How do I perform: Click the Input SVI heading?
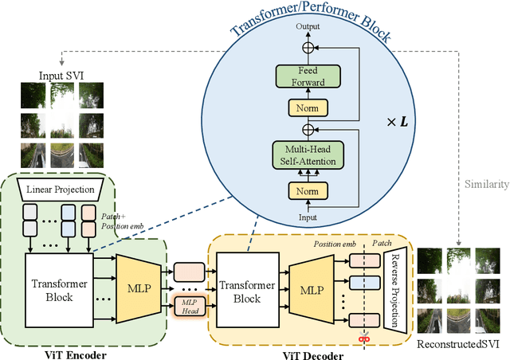click(x=61, y=76)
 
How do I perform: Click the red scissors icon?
click(x=366, y=338)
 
